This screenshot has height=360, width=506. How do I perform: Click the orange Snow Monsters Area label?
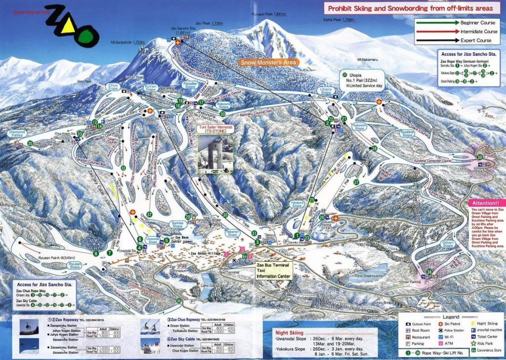pyautogui.click(x=268, y=62)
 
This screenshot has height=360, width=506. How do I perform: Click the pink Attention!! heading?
pyautogui.click(x=486, y=203)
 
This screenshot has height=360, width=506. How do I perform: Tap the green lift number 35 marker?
pyautogui.click(x=30, y=143)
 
